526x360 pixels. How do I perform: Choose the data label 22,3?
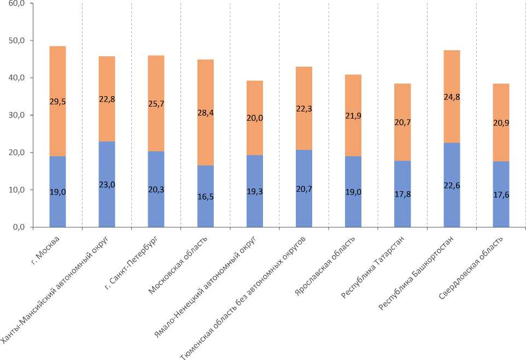tap(304, 109)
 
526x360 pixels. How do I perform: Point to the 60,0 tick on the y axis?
tap(18, 3)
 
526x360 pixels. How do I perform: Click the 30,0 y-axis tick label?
tap(18, 115)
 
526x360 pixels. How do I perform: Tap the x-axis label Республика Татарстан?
tap(372, 268)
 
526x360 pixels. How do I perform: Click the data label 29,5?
tap(57, 101)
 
